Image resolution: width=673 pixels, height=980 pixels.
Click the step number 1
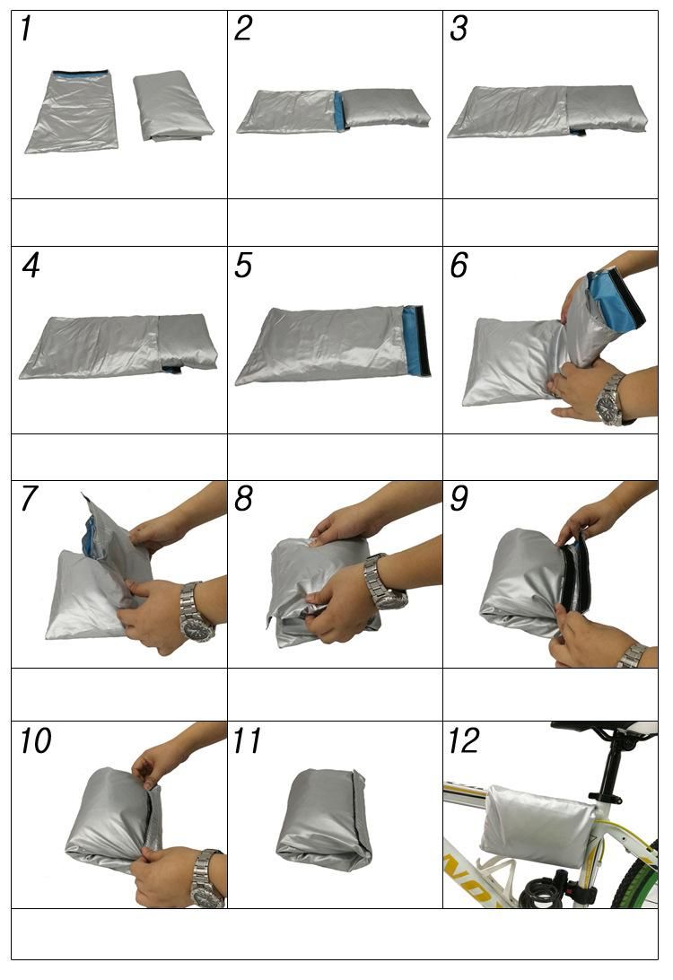point(26,29)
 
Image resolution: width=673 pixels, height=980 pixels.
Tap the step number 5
point(243,265)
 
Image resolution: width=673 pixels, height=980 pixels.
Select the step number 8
point(243,498)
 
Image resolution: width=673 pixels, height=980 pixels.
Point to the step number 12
point(464,740)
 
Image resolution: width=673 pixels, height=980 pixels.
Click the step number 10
point(35,740)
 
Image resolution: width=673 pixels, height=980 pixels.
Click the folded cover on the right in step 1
point(172,105)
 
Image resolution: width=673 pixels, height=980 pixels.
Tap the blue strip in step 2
point(340,111)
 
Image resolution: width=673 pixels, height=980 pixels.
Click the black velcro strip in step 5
point(423,340)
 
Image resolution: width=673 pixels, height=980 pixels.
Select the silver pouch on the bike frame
point(538,826)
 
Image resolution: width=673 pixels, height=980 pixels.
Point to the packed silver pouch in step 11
point(324,818)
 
